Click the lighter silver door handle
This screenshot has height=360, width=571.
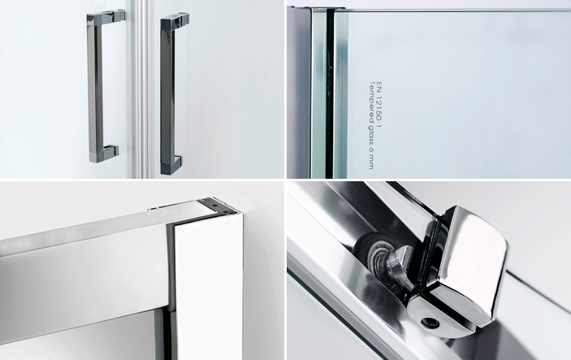(95, 88)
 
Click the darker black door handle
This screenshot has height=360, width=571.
(167, 95)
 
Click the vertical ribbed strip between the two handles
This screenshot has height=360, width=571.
(140, 89)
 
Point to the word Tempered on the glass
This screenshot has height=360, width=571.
(371, 98)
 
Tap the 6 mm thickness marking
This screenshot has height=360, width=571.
(371, 158)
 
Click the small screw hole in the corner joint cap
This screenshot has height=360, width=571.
(215, 205)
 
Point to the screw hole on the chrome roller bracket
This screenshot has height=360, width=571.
(430, 322)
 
